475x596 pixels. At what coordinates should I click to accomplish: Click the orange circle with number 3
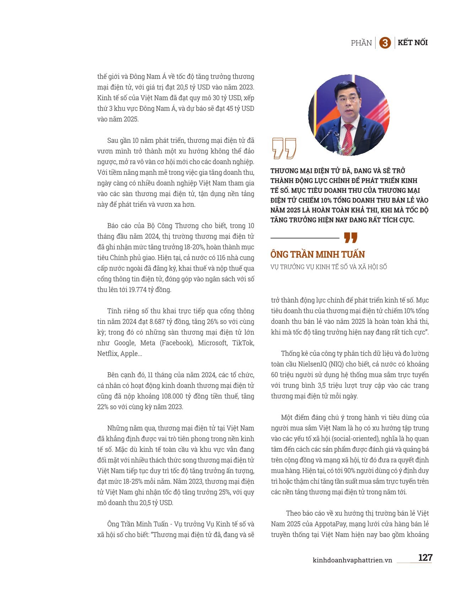tap(385, 43)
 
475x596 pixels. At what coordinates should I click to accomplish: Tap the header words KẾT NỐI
tap(412, 43)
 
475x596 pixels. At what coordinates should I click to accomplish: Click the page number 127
tap(425, 557)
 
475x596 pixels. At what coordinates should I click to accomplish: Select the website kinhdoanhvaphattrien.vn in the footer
tap(352, 560)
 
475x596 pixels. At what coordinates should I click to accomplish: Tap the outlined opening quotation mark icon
tap(284, 148)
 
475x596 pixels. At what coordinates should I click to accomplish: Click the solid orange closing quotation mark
tap(351, 238)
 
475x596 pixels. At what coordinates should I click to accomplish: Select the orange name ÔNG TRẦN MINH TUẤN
tap(317, 254)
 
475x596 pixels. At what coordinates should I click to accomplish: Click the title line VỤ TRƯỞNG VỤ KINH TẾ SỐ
tap(328, 267)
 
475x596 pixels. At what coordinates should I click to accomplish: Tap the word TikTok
tap(243, 343)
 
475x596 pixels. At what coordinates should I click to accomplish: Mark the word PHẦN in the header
tap(361, 43)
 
